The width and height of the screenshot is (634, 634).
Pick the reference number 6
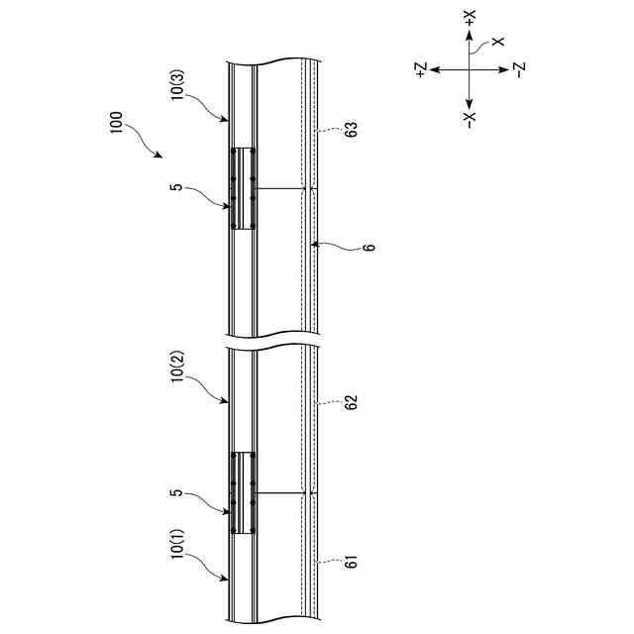tap(369, 246)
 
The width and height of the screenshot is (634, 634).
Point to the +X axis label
tap(470, 19)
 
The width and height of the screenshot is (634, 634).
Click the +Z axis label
tap(420, 68)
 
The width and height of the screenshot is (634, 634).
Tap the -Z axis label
tap(519, 68)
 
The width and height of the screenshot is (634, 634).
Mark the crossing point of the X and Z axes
tap(470, 68)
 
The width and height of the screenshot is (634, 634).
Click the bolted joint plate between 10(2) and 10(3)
tap(244, 189)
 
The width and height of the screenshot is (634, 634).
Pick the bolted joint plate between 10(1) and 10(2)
tap(244, 494)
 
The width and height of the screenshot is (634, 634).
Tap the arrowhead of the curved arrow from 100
tap(160, 157)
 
